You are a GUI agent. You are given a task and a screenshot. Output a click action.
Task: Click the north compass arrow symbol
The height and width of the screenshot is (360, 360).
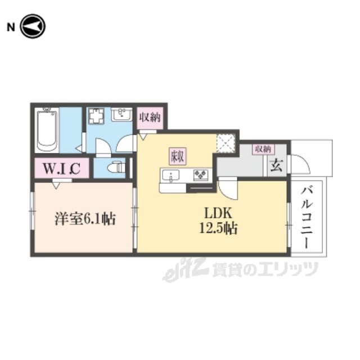tap(33, 26)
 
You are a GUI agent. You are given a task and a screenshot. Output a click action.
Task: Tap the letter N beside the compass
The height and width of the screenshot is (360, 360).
tap(11, 28)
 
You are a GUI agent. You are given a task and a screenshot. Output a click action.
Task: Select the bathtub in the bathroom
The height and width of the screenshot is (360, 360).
tap(47, 130)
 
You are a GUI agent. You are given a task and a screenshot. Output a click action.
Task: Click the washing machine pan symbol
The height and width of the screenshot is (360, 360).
tap(96, 116)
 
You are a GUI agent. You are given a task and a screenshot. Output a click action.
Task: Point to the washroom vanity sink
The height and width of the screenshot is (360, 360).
tap(121, 114)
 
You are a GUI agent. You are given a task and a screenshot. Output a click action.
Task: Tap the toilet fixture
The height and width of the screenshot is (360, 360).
tap(116, 168)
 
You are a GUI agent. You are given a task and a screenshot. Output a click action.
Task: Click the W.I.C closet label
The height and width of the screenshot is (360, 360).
tap(61, 168)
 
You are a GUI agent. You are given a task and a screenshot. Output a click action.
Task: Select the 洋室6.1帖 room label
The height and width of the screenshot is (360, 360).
tap(85, 219)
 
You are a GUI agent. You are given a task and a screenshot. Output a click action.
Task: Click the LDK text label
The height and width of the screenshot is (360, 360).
tap(218, 213)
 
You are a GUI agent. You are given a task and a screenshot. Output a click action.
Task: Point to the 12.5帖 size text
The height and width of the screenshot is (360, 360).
tap(218, 228)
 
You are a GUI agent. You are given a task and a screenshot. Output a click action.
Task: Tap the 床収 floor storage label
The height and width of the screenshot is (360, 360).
tap(178, 156)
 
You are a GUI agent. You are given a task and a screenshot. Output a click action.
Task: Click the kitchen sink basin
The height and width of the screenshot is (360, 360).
tap(171, 176)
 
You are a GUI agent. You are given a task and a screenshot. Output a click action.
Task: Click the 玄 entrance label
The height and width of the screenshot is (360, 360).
tap(276, 165)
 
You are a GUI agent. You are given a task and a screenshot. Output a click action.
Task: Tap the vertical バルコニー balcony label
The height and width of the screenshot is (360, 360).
tap(307, 218)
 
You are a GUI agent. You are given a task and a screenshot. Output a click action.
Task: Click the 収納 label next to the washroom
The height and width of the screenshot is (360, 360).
tap(150, 118)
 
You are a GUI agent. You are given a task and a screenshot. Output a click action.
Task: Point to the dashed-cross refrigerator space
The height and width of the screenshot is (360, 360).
tap(226, 143)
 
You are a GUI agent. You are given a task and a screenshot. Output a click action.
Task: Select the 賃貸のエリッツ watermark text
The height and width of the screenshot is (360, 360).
tap(265, 269)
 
